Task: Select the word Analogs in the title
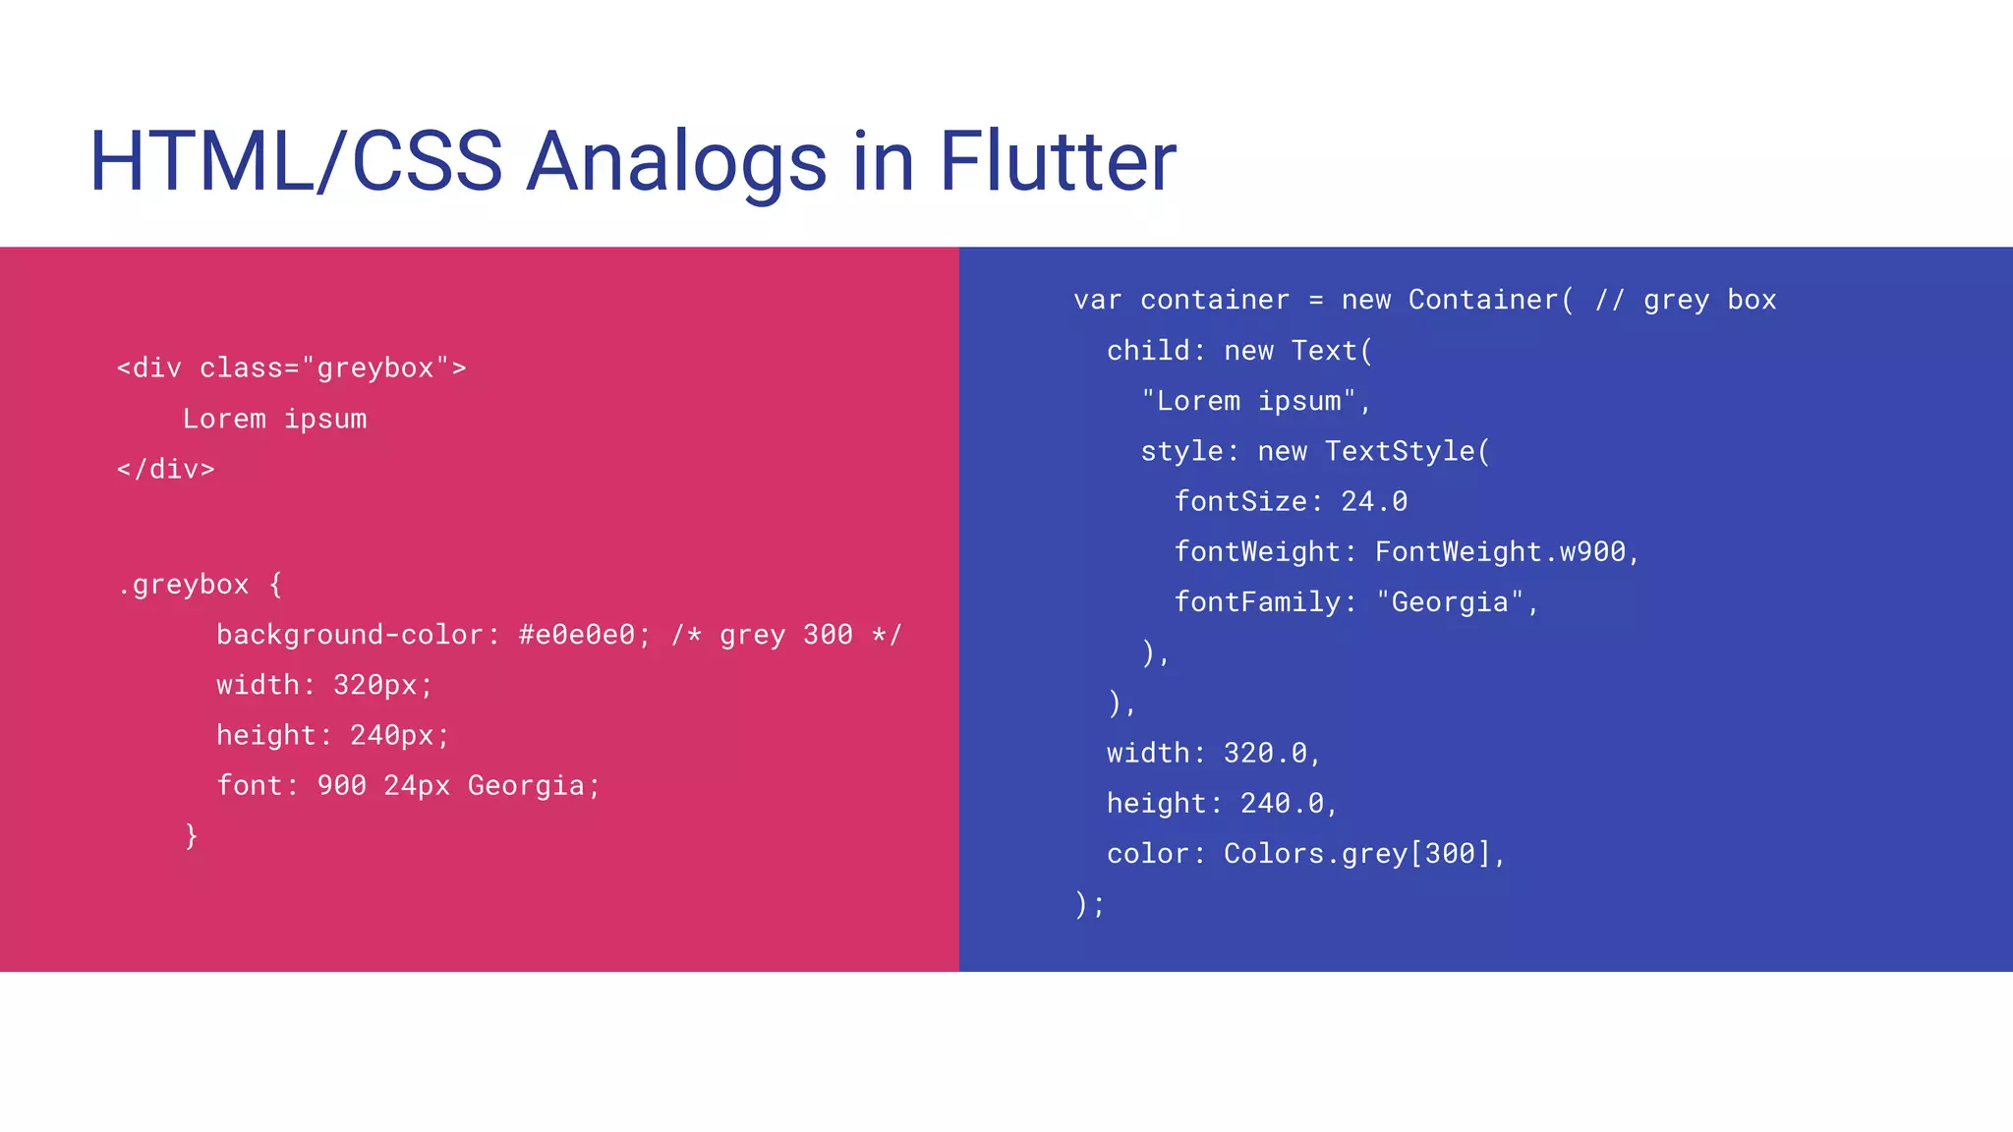point(676,163)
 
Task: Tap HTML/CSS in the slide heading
point(296,161)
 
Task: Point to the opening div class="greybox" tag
point(291,368)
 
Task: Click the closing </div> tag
point(165,470)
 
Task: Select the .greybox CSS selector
point(183,585)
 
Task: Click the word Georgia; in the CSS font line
point(533,786)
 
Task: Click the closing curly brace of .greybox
point(192,836)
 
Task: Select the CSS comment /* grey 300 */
point(785,635)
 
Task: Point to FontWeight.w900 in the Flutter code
point(1500,552)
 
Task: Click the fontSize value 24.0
point(1373,502)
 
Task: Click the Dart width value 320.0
point(1265,754)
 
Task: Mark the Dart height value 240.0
point(1282,804)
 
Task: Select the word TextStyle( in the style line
point(1407,452)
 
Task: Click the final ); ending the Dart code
point(1090,904)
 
